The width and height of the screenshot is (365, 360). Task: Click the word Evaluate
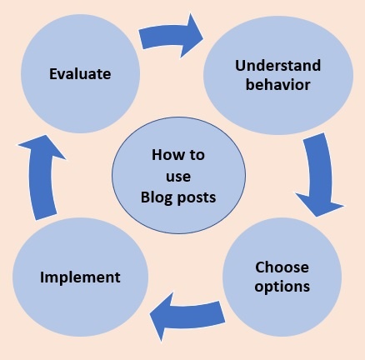(80, 74)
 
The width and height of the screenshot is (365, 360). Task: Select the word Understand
(277, 66)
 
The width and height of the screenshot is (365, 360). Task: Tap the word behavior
(277, 85)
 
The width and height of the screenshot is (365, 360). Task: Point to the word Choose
(282, 267)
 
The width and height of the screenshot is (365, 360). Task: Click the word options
(282, 287)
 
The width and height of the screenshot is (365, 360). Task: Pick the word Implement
(80, 277)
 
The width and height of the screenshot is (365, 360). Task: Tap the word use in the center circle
(178, 177)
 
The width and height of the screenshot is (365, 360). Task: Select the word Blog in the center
(157, 197)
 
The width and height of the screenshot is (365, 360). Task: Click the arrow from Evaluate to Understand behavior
(171, 36)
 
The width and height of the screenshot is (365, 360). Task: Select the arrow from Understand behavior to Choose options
(320, 175)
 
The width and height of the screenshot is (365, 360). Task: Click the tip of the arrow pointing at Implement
(150, 315)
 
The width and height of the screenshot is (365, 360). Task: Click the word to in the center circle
(197, 155)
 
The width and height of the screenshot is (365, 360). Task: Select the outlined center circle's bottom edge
(178, 233)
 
